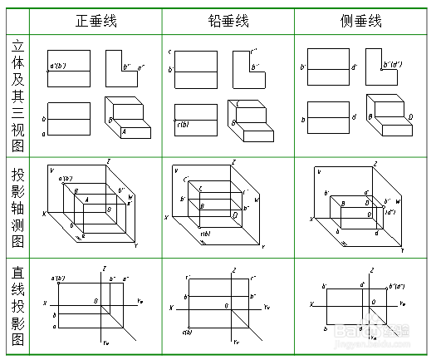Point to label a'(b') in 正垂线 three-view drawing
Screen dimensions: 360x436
point(58,65)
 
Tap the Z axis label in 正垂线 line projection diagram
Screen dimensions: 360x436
point(103,268)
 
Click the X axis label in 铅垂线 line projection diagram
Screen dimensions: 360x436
point(172,308)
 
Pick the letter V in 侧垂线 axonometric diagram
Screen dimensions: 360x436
point(320,171)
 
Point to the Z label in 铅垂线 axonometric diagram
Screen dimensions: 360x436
point(234,161)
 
